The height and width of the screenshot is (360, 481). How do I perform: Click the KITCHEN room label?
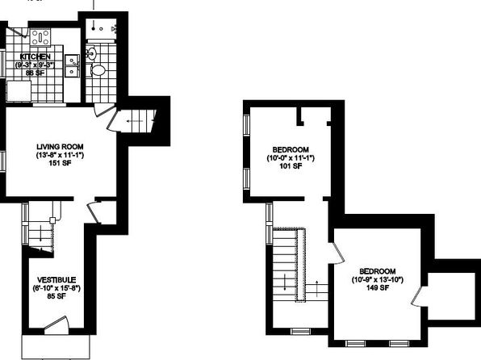pyautogui.click(x=35, y=57)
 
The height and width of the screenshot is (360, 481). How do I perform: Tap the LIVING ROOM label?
pyautogui.click(x=60, y=147)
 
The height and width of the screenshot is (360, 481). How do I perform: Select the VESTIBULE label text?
pyautogui.click(x=56, y=280)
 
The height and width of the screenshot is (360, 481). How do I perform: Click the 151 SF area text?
pyautogui.click(x=60, y=163)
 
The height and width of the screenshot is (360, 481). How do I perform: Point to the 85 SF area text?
pyautogui.click(x=56, y=296)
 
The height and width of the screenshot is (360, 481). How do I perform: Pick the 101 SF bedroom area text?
pyautogui.click(x=291, y=166)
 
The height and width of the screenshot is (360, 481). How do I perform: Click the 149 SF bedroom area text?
pyautogui.click(x=378, y=287)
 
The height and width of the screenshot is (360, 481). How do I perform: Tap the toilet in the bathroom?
pyautogui.click(x=98, y=70)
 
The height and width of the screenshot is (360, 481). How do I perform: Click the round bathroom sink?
pyautogui.click(x=91, y=54)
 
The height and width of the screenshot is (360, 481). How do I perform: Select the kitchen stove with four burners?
pyautogui.click(x=40, y=37)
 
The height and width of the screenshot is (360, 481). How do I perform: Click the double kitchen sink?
pyautogui.click(x=72, y=65)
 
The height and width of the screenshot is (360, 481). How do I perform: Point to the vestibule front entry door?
pyautogui.click(x=56, y=326)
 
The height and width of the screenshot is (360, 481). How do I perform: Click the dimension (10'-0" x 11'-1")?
pyautogui.click(x=291, y=158)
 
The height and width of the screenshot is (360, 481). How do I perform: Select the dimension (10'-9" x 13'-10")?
pyautogui.click(x=378, y=279)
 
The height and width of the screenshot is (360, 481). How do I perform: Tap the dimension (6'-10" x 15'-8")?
pyautogui.click(x=56, y=288)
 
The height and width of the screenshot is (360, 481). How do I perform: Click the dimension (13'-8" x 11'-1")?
pyautogui.click(x=60, y=155)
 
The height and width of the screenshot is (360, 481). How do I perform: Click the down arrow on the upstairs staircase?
pyautogui.click(x=285, y=282)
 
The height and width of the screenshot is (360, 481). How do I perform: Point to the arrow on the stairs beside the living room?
pyautogui.click(x=135, y=121)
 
